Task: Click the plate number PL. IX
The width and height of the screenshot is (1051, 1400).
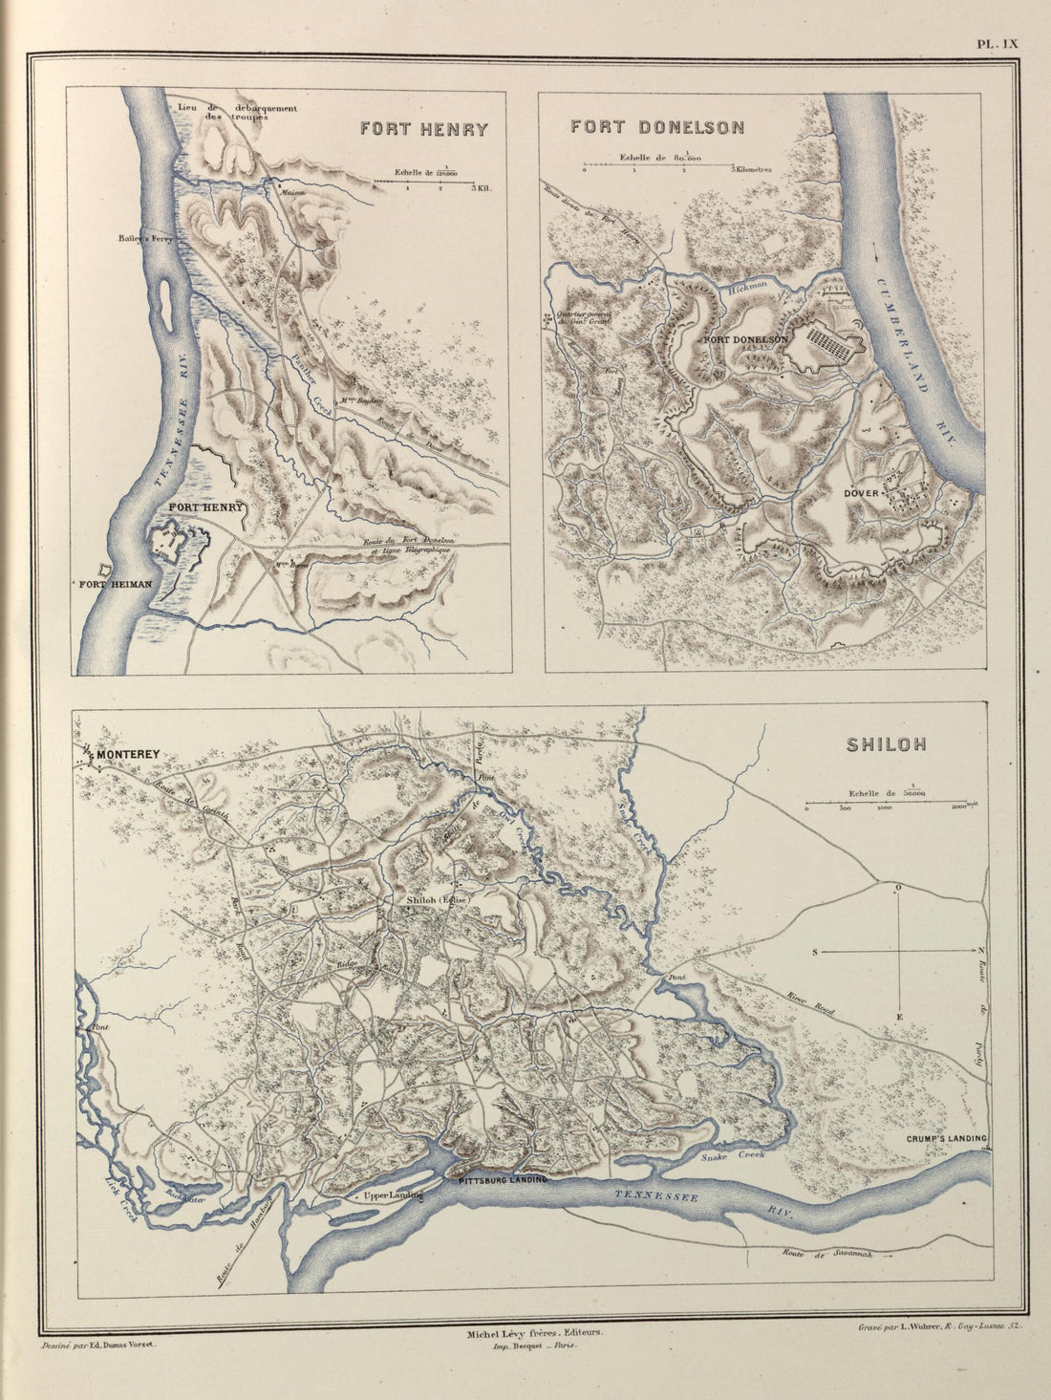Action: coord(997,42)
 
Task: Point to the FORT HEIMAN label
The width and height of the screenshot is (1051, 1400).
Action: coord(116,584)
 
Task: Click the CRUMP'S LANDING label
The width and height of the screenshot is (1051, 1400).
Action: coord(945,1139)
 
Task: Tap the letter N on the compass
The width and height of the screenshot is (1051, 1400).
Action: coord(981,952)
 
